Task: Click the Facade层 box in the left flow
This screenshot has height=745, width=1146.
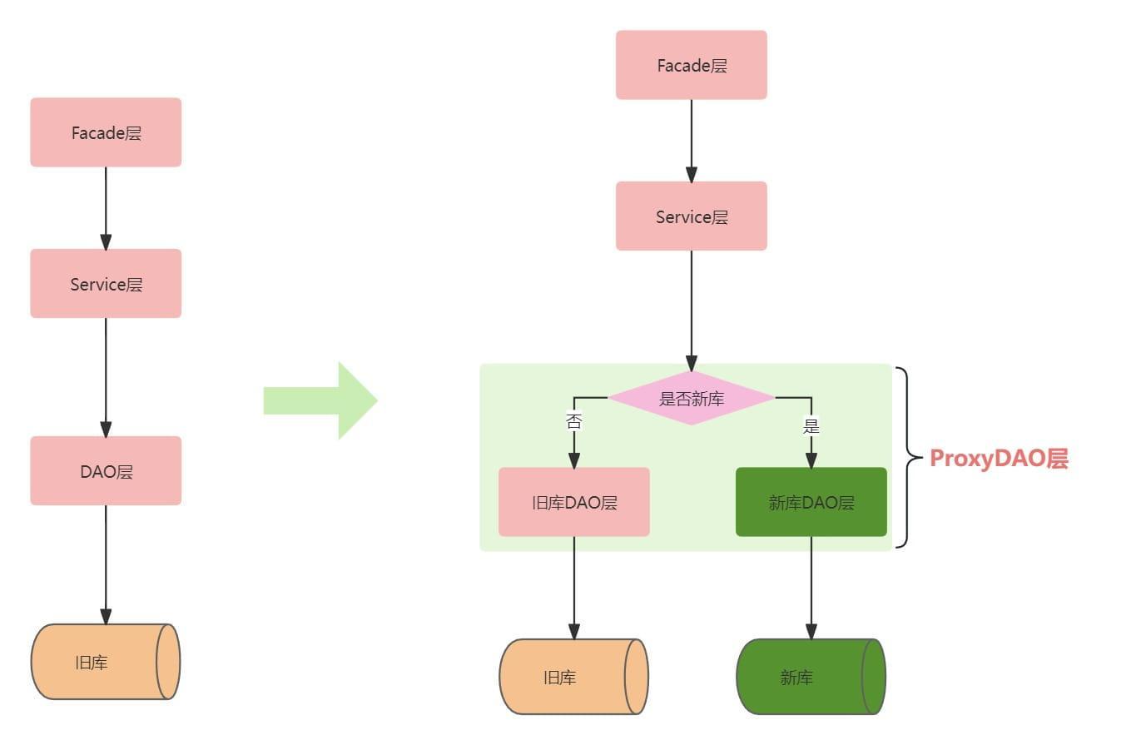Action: (x=106, y=132)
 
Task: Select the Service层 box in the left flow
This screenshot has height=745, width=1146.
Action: (x=106, y=283)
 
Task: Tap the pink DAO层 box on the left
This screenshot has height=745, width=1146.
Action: (x=106, y=470)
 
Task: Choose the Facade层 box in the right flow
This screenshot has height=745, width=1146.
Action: (x=691, y=65)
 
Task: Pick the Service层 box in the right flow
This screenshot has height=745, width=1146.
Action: (x=691, y=216)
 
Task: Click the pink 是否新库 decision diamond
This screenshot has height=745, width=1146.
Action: (x=691, y=398)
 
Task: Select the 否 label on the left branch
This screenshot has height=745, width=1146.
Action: (x=573, y=421)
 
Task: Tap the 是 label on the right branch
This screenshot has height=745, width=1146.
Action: (x=811, y=426)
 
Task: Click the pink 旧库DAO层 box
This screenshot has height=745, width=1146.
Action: (x=573, y=502)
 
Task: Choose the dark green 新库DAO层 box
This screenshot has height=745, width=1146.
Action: (x=811, y=502)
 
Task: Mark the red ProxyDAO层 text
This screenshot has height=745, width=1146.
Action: (x=999, y=459)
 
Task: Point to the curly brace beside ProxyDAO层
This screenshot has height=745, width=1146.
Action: (x=907, y=457)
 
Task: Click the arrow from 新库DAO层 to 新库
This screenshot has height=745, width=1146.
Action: (x=811, y=587)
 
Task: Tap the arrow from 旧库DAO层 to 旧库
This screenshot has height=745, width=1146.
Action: (x=573, y=587)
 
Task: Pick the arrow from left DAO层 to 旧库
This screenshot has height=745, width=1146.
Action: (x=106, y=564)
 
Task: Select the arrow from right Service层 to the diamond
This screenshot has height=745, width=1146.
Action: (x=691, y=308)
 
